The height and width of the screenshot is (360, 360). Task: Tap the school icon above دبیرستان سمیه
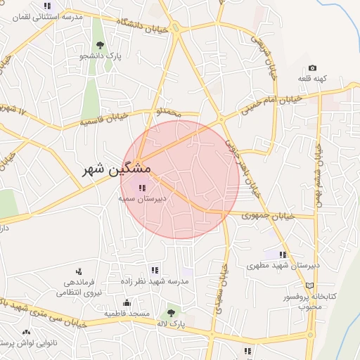pyautogui.click(x=143, y=188)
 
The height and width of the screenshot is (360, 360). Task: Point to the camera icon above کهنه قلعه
pyautogui.click(x=312, y=68)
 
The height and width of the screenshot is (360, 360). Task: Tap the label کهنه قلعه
pyautogui.click(x=311, y=78)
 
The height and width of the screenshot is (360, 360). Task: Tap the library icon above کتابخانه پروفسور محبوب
pyautogui.click(x=310, y=286)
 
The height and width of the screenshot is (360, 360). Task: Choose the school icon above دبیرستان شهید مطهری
pyautogui.click(x=283, y=255)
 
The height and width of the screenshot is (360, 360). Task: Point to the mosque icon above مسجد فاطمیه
pyautogui.click(x=127, y=303)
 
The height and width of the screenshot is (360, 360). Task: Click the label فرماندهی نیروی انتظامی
pyautogui.click(x=79, y=286)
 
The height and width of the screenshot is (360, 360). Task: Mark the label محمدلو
pyautogui.click(x=169, y=112)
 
